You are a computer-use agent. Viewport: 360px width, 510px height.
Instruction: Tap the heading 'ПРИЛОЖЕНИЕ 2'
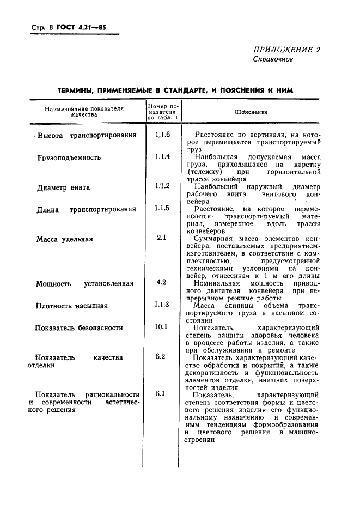(286, 50)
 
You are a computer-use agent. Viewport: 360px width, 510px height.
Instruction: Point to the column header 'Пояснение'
(251, 112)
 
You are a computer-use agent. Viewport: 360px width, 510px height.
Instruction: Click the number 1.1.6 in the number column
(162, 135)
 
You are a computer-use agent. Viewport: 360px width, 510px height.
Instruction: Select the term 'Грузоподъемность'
(69, 157)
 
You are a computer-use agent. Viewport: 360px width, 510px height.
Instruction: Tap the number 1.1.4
(162, 157)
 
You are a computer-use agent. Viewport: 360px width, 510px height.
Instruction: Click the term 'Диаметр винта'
(63, 188)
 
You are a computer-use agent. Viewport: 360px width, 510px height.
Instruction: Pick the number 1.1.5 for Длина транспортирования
(162, 209)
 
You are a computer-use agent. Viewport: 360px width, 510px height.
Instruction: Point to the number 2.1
(161, 238)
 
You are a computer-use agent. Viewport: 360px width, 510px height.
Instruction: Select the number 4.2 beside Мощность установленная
(161, 282)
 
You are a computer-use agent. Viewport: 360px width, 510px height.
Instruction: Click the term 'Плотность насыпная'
(72, 306)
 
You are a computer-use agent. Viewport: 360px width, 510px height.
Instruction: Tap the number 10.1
(161, 327)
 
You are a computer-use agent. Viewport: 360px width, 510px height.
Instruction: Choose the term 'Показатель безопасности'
(79, 328)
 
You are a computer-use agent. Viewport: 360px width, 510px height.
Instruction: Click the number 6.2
(161, 357)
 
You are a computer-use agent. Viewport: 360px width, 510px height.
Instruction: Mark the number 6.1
(161, 394)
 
